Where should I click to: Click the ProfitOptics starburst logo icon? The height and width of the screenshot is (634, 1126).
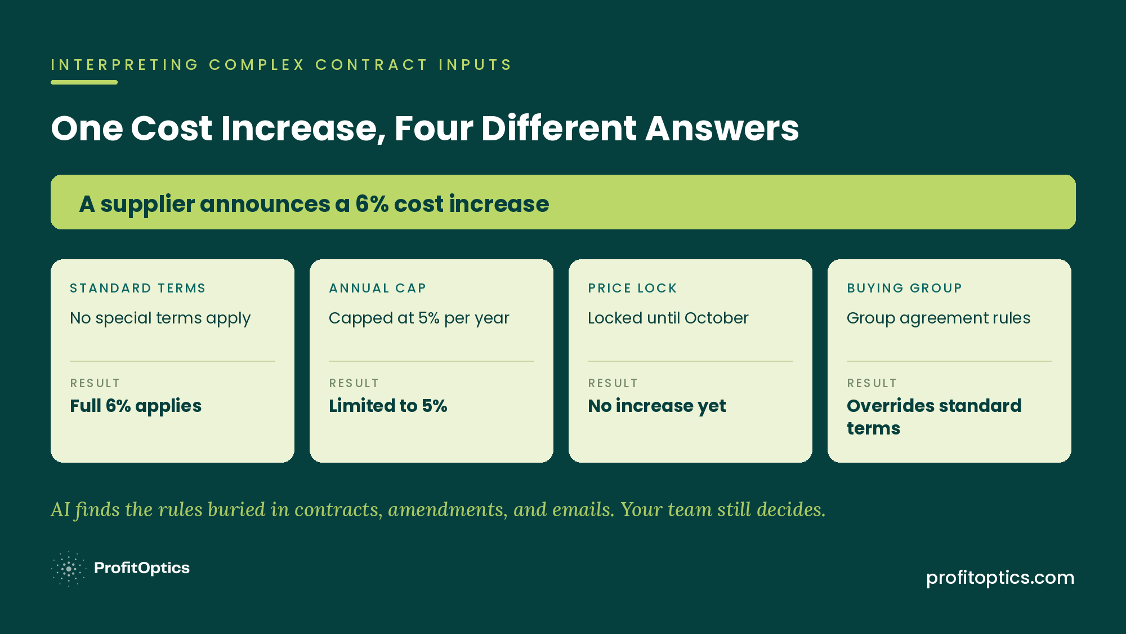coord(69,569)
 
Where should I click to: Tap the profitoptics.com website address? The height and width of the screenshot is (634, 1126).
coord(1000,578)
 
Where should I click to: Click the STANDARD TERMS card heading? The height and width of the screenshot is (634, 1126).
coord(138,288)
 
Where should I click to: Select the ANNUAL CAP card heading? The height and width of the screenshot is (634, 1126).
coord(377,288)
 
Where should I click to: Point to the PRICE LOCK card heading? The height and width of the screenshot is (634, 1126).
coord(632,288)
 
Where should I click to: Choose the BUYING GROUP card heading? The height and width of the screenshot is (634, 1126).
coord(904,288)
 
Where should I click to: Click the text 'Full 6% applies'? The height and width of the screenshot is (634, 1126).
coord(136,406)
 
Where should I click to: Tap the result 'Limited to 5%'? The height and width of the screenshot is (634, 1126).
coord(388,406)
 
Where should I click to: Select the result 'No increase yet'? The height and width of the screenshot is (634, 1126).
coord(657,406)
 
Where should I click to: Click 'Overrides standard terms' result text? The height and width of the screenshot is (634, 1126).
coord(934,417)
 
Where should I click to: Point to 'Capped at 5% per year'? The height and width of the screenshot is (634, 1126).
coord(419,318)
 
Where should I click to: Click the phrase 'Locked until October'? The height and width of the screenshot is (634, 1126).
coord(668,318)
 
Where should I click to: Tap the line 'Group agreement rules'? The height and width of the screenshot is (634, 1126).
coord(939,318)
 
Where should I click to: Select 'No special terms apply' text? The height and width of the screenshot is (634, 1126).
coord(160,318)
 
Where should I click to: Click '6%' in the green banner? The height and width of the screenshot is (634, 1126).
coord(372,204)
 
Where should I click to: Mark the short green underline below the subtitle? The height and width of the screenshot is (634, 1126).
coord(84,82)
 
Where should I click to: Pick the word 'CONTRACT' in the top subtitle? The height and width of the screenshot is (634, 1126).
coord(372,65)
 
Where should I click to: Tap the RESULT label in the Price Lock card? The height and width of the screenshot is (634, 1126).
coord(613,383)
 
